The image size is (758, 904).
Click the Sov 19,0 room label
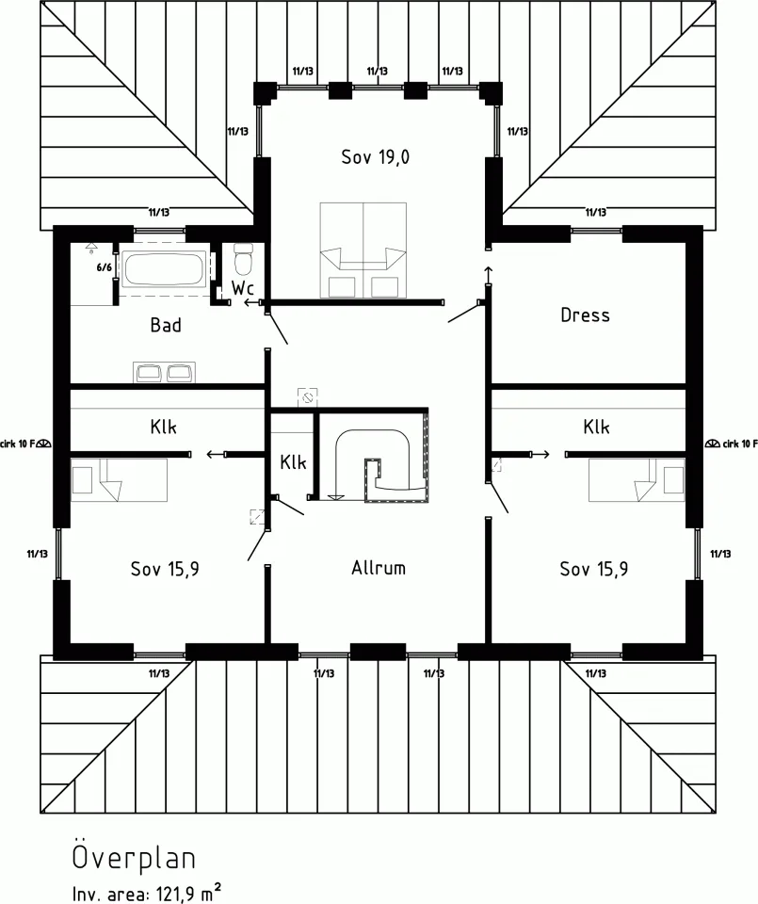pos(376,157)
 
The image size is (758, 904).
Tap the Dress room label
pos(585,315)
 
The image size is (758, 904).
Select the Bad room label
pos(166,325)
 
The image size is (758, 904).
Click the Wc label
pos(242,287)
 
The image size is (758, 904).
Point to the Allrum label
pos(379,568)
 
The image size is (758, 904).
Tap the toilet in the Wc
pos(244,257)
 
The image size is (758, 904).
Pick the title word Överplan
pos(134,858)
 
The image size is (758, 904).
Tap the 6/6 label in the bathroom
pos(104,266)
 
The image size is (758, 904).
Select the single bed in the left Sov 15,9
pos(119,479)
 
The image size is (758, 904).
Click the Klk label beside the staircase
pos(293,462)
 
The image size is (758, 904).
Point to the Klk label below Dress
pos(596,427)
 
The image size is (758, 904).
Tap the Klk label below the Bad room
pos(163,427)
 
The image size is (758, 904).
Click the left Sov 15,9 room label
pos(165,568)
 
